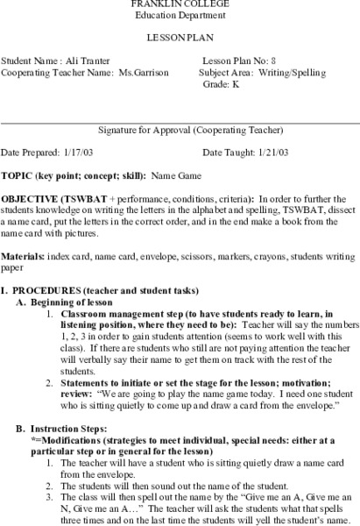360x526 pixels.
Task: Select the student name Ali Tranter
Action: [x=88, y=60]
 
